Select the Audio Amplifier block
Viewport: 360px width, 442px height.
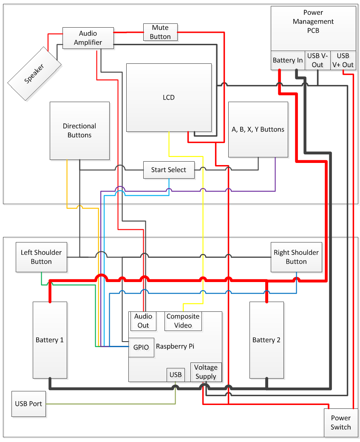coord(88,38)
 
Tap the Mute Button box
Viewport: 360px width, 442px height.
coord(160,32)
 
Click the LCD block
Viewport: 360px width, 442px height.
coord(169,97)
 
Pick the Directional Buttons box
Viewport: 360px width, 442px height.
coord(79,131)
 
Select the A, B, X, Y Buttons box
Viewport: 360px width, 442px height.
coord(258,130)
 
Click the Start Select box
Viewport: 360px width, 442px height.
coord(169,170)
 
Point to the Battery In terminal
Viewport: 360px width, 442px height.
coord(288,60)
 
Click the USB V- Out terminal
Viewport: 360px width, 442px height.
coord(317,60)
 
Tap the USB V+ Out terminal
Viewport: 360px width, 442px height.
coord(343,60)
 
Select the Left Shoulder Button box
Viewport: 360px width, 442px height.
coord(41,257)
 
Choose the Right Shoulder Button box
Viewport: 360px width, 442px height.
coord(296,257)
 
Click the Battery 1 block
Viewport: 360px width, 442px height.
coord(50,340)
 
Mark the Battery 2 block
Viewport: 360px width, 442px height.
coord(266,340)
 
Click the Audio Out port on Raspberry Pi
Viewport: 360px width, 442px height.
coord(143,321)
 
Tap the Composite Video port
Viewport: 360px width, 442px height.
coord(183,321)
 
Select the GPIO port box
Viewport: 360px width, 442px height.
coord(141,347)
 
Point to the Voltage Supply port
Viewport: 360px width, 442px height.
coord(206,372)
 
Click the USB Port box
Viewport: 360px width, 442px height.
coord(28,403)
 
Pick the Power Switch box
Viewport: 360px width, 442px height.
coord(341,423)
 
